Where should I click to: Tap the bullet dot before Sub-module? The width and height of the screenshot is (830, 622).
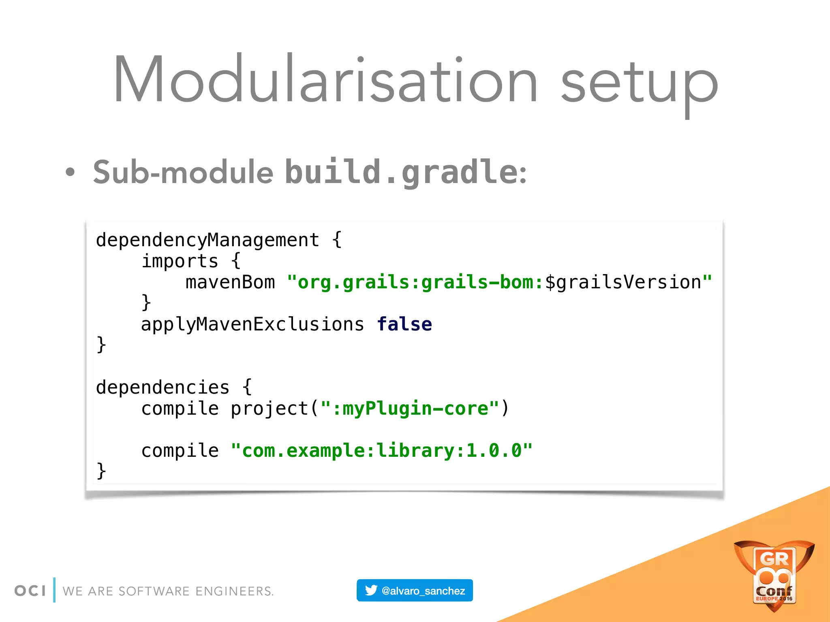(x=70, y=172)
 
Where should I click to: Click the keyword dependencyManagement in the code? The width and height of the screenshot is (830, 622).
(x=207, y=240)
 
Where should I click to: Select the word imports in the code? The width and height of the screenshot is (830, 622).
(x=180, y=261)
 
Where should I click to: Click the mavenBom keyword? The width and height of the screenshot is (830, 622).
(x=230, y=282)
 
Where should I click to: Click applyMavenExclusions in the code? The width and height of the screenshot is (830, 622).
(x=252, y=324)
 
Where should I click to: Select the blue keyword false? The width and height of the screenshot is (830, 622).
(x=404, y=324)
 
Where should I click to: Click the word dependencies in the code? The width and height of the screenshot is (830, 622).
(x=163, y=388)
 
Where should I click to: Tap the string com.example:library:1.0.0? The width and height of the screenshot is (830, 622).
(x=381, y=451)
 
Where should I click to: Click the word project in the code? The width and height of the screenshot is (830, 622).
(x=270, y=409)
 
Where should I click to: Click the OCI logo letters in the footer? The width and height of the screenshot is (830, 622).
(x=30, y=591)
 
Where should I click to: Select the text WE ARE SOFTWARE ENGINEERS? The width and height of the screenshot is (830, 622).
(x=168, y=591)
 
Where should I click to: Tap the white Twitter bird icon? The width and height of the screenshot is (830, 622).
(x=371, y=590)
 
